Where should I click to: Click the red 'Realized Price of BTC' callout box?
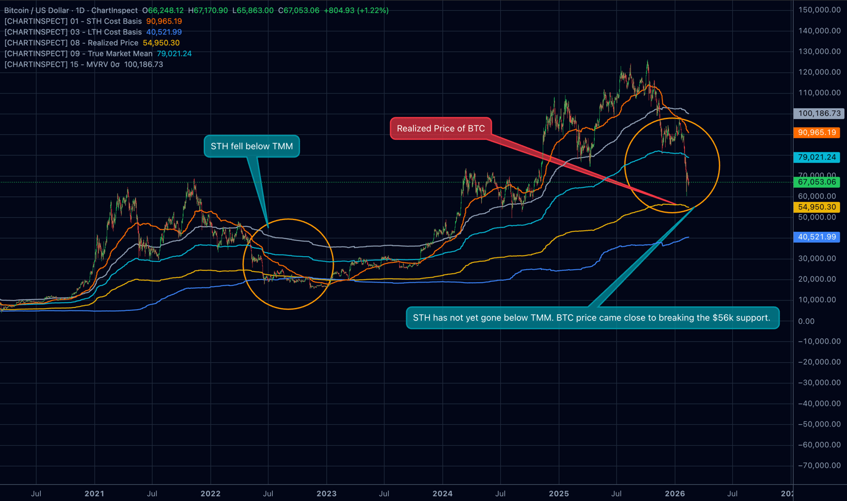coord(440,129)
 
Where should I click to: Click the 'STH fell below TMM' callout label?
coord(252,146)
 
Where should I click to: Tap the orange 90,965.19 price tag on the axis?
coord(817,133)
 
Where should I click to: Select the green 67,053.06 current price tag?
coord(817,182)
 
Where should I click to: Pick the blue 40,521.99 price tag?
coord(817,237)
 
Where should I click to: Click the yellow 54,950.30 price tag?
coord(817,207)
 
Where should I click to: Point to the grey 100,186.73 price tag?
coord(819,113)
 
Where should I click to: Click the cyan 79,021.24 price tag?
coord(817,157)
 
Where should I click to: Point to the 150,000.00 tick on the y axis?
coord(819,10)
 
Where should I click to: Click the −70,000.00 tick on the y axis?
coord(819,465)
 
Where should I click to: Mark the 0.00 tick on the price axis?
coord(806,321)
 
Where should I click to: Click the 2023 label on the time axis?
coord(326,494)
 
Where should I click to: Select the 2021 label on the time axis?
coord(94,494)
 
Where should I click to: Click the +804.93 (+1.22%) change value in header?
coord(356,11)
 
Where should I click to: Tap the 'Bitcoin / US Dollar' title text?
coord(36,11)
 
